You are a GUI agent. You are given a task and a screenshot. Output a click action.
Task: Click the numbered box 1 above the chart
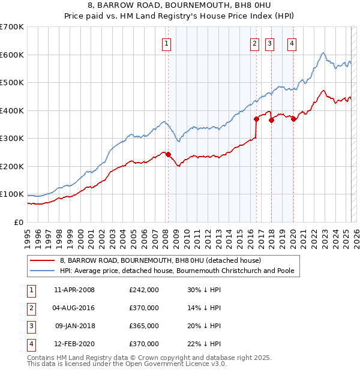tap(166, 43)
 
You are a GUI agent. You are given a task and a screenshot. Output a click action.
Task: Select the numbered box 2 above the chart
tap(254, 43)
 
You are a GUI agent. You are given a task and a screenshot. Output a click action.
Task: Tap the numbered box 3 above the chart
tap(269, 43)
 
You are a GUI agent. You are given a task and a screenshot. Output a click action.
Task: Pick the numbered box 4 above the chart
tap(292, 43)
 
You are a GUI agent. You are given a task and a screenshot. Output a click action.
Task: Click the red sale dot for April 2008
tap(168, 154)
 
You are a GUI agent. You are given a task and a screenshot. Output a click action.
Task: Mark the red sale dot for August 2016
tap(256, 119)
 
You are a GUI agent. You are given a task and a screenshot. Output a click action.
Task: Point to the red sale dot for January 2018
tap(271, 120)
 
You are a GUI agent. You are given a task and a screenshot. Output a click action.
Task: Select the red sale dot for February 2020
tap(293, 119)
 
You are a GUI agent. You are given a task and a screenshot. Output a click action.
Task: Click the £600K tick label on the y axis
tap(11, 55)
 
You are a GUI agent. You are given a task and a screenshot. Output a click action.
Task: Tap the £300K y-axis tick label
tap(11, 138)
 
